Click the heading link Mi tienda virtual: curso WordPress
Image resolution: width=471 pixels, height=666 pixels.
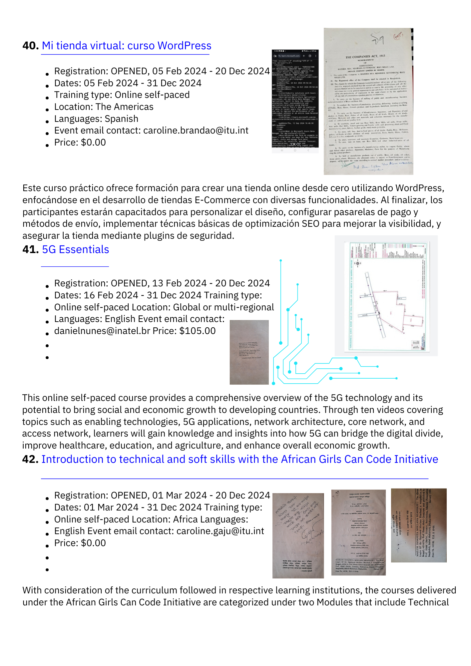[127, 46]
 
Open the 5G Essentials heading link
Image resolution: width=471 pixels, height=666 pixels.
[76, 249]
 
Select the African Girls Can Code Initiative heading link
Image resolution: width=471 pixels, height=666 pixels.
[239, 459]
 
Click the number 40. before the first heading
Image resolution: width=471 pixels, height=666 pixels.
[31, 46]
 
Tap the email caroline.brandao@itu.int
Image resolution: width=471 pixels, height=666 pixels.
[196, 131]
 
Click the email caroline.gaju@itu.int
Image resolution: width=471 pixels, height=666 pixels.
[220, 531]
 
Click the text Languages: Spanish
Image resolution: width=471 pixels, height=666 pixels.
[96, 119]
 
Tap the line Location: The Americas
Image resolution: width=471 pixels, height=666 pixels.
[104, 107]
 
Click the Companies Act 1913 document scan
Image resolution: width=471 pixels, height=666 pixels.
[368, 102]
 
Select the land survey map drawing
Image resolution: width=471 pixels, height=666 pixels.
[386, 296]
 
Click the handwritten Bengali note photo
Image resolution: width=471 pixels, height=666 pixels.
[298, 535]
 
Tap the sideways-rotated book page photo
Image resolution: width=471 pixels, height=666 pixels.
[419, 525]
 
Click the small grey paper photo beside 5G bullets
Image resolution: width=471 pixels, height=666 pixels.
[249, 352]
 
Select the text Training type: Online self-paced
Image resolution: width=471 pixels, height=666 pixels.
[122, 95]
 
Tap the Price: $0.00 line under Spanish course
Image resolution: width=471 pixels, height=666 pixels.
[80, 143]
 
